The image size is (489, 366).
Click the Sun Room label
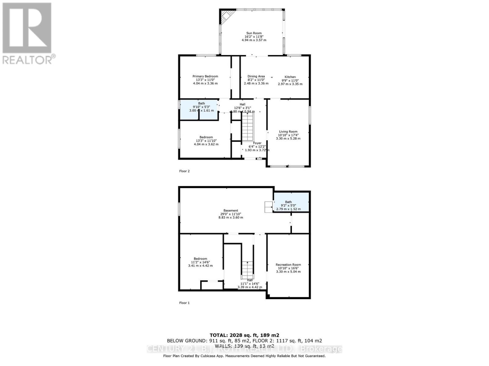tap(254, 37)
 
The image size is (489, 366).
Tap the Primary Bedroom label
tap(205, 80)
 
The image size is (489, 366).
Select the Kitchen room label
tap(290, 80)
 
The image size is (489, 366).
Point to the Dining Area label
tap(256, 80)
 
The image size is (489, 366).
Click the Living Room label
tap(288, 135)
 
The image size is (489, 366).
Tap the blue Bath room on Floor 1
tap(291, 203)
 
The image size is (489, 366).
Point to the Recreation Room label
tap(288, 268)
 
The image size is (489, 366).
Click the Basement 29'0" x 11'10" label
tap(231, 214)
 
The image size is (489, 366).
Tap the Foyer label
tap(257, 146)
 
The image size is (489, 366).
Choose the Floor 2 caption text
tap(184, 171)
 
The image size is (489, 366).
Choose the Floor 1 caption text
tap(184, 303)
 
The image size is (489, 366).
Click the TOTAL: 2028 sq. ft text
tap(244, 335)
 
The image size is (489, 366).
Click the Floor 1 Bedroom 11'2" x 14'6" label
tap(200, 262)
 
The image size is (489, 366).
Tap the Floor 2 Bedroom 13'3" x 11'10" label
tap(206, 141)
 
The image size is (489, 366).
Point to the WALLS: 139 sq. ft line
tap(244, 346)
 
